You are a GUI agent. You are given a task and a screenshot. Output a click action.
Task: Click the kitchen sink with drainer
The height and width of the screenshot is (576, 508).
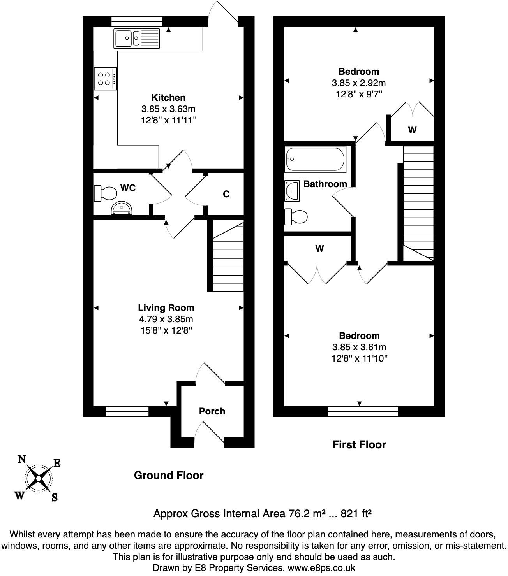[x=137, y=39]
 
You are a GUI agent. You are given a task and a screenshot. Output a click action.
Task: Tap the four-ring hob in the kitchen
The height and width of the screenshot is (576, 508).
[x=105, y=79]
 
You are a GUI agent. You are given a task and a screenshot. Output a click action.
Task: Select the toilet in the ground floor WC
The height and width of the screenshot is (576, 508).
[x=105, y=193]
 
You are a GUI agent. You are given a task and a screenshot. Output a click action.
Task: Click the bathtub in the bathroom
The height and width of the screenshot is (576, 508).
[x=315, y=159]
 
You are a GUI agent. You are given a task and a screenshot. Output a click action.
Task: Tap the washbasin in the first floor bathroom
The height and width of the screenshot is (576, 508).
[x=292, y=191]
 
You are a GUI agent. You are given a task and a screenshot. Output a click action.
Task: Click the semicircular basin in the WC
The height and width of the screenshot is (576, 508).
[x=122, y=208]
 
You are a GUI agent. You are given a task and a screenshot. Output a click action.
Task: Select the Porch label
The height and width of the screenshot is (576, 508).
[x=212, y=411]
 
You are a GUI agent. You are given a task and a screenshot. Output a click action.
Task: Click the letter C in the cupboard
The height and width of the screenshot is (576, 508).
[x=226, y=194]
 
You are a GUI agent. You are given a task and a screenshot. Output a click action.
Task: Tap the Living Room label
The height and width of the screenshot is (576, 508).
[x=166, y=307]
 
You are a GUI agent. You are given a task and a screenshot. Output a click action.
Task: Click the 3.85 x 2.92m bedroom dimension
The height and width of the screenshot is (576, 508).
[x=358, y=83]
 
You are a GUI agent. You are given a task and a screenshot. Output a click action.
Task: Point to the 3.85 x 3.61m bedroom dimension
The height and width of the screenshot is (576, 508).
[x=359, y=347]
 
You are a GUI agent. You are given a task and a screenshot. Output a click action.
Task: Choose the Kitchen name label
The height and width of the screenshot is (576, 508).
[x=168, y=98]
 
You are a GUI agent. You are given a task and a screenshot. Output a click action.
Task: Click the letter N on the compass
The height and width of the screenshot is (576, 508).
[x=22, y=459]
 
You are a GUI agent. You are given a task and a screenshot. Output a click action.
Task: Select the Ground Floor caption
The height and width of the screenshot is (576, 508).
[x=169, y=475]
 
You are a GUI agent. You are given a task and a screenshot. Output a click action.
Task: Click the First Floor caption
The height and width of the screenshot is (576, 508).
[x=359, y=445]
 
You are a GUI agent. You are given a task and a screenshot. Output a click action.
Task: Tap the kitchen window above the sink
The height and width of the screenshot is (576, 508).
[x=137, y=22]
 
